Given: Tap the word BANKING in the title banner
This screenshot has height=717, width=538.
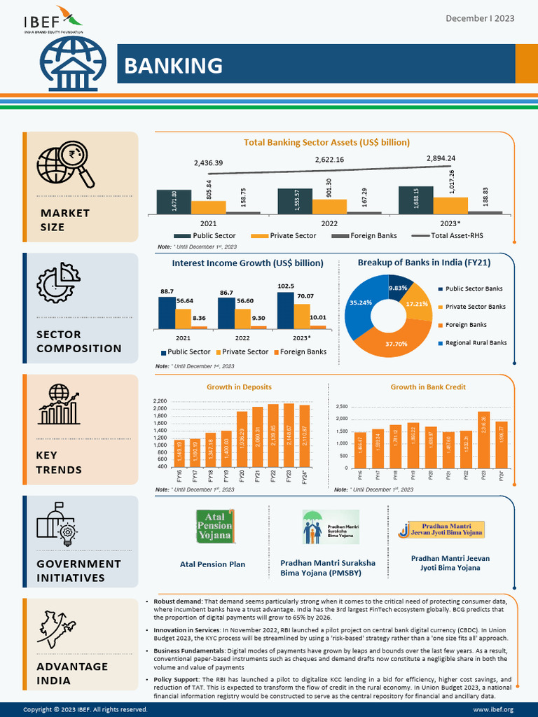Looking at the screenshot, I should [173, 66].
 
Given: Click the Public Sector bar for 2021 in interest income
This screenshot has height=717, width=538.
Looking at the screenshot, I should [167, 312].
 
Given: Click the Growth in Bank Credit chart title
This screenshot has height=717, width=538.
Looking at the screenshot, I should [427, 387].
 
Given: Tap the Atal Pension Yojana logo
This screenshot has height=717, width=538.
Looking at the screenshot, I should [214, 526].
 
